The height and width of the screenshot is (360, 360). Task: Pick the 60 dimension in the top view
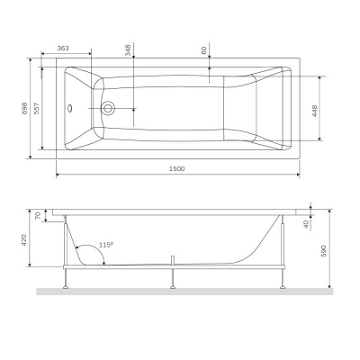point(205,52)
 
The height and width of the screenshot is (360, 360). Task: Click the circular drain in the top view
point(110,109)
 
